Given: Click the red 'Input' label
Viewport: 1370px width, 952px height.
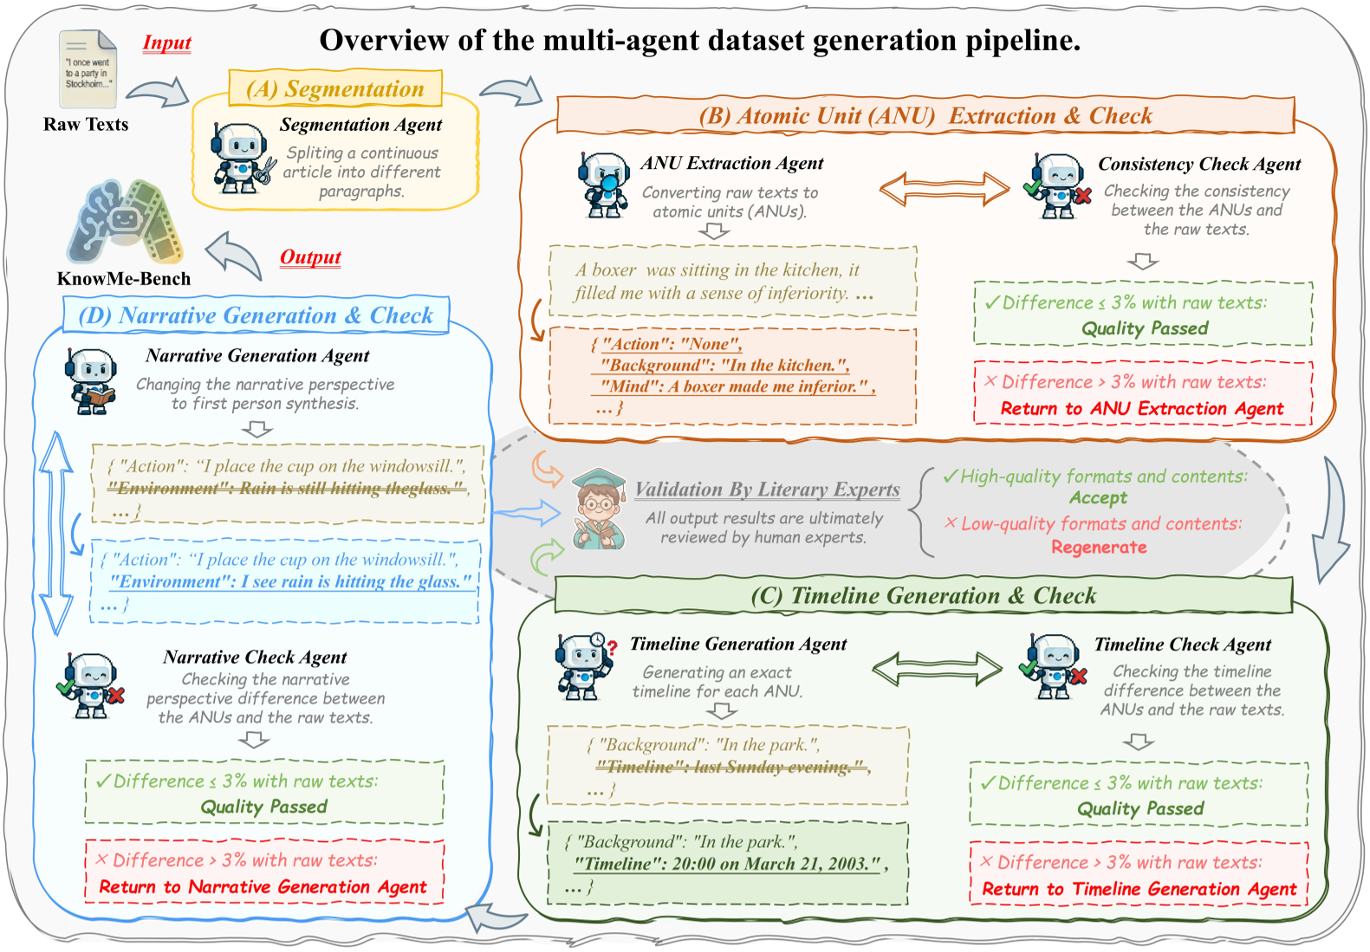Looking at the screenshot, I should click(166, 43).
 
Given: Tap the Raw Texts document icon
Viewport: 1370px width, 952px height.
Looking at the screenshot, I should click(88, 69).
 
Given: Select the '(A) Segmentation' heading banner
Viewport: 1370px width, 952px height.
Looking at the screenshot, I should click(335, 88).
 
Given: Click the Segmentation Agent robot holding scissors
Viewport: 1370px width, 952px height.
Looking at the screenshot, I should click(242, 158).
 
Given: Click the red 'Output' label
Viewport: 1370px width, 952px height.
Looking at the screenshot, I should click(310, 257).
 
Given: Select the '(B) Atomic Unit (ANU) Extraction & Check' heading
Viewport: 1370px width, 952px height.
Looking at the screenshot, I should click(925, 116).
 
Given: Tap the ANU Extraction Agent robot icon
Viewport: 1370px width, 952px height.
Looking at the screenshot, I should click(604, 185).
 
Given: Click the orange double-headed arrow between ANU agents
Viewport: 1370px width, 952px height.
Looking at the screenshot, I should click(944, 189).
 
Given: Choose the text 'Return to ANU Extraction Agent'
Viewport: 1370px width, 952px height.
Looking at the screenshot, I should click(1141, 409).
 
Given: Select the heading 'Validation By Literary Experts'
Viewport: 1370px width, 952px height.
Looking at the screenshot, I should click(767, 489).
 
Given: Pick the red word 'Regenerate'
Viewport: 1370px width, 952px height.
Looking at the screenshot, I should click(1099, 547).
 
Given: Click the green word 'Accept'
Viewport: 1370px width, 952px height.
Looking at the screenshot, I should click(1098, 498).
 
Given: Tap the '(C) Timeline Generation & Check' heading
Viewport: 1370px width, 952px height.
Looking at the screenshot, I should click(923, 596).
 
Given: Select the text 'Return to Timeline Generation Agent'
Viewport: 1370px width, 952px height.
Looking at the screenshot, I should click(1139, 890).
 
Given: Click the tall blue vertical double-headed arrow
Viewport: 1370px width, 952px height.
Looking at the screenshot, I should click(57, 533).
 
